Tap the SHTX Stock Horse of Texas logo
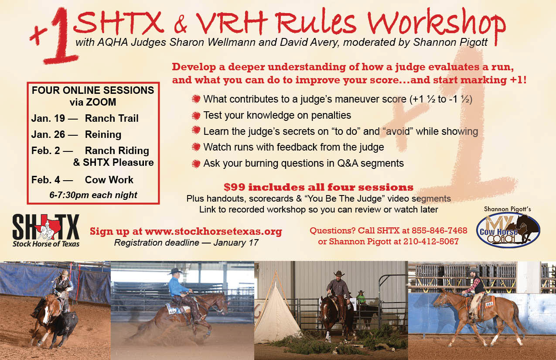[x=46, y=230]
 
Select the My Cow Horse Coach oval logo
[x=508, y=230]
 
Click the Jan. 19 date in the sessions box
[x=48, y=118]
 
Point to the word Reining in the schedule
[x=103, y=134]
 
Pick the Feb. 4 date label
[x=46, y=180]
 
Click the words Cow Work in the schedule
[x=109, y=180]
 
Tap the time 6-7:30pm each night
[x=93, y=195]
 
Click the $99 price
[x=234, y=187]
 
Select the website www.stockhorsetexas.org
[x=213, y=231]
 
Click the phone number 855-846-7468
[x=439, y=230]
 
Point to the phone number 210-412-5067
[x=431, y=241]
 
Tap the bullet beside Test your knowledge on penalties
[x=196, y=116]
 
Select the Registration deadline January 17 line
[x=186, y=243]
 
